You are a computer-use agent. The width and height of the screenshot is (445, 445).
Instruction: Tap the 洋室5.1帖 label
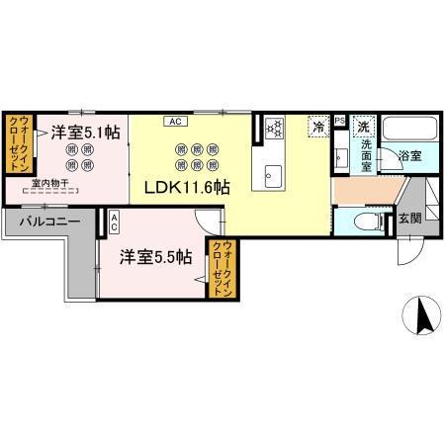click(x=87, y=131)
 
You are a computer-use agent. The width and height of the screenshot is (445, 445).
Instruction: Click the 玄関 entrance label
click(x=410, y=219)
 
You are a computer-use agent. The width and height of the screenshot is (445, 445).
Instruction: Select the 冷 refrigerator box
click(x=318, y=127)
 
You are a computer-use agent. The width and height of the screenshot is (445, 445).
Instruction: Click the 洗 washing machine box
click(x=364, y=127)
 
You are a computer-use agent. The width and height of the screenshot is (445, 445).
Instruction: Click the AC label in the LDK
click(x=174, y=122)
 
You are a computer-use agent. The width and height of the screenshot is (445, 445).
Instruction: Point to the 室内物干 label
click(x=49, y=182)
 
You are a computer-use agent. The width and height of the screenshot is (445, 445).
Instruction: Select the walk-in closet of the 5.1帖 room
click(x=22, y=143)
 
